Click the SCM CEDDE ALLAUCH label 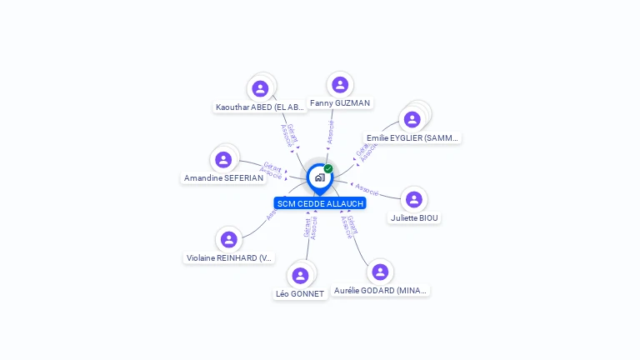point(320,203)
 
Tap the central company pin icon point(319,177)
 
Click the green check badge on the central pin point(328,169)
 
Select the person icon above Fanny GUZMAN point(340,84)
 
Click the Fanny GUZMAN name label point(340,103)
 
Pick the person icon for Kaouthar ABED point(260,88)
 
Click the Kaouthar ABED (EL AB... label point(260,107)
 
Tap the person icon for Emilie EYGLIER point(412,119)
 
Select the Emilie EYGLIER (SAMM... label point(412,138)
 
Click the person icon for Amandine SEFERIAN point(223,159)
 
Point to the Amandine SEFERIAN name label point(223,178)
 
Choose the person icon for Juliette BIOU point(414,199)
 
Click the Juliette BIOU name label point(414,218)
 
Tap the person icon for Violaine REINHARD point(229,239)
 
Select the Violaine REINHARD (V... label point(229,258)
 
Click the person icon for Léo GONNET point(300,275)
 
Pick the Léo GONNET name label point(300,294)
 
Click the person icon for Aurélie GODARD point(380,272)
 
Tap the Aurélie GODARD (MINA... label point(380,291)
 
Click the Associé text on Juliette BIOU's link point(367,190)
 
